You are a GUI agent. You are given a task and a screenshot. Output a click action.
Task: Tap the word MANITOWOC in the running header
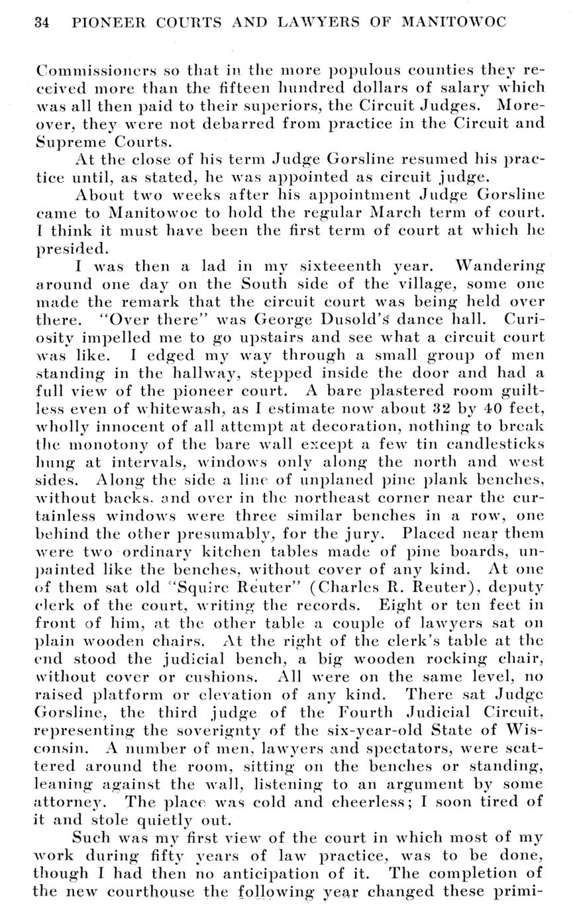454,23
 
